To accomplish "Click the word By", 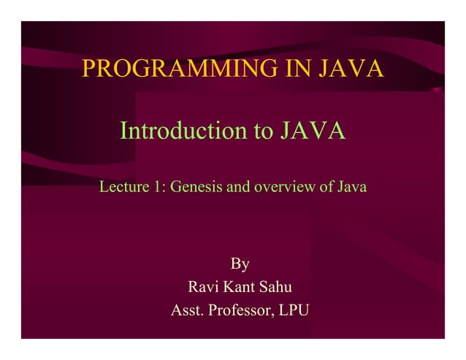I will pos(240,264).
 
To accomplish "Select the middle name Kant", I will pos(240,287).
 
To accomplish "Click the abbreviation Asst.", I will pos(187,311).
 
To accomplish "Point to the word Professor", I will pos(240,311).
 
